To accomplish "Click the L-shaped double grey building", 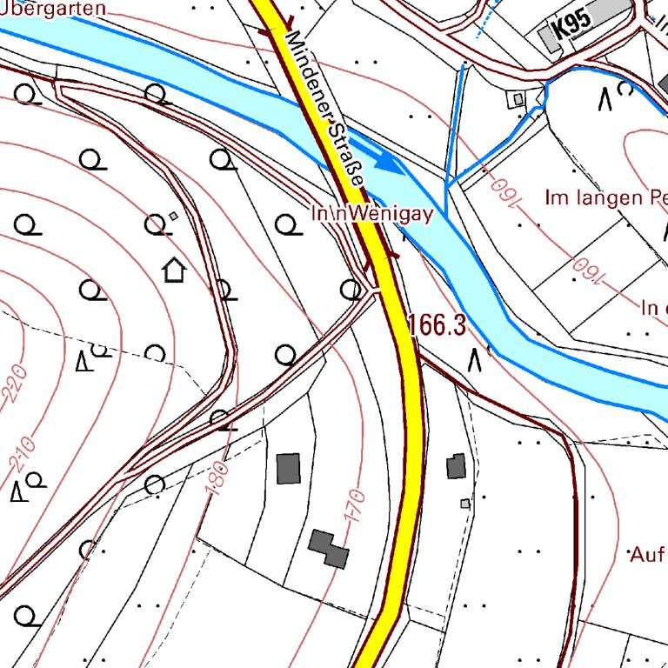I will (x=329, y=548).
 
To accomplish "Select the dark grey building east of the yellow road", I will (x=456, y=467).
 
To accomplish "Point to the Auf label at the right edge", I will (x=647, y=553).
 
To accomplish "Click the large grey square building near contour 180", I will (x=288, y=468).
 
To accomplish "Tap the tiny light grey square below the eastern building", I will (x=465, y=503).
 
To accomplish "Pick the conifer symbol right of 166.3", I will (x=475, y=358).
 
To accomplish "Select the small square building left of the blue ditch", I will (x=518, y=99).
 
